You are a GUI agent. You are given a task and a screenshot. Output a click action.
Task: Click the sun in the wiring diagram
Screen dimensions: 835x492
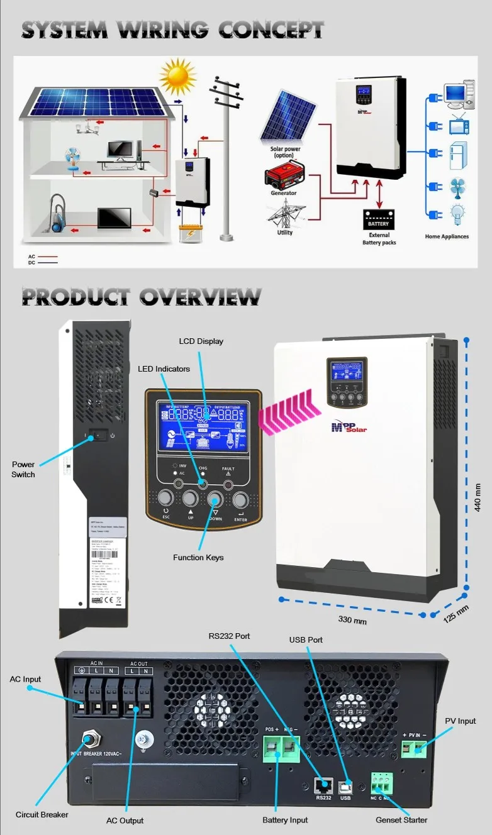178,75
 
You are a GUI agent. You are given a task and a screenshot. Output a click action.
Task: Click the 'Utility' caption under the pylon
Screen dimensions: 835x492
284,232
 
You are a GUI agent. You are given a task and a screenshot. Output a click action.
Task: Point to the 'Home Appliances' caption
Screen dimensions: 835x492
447,236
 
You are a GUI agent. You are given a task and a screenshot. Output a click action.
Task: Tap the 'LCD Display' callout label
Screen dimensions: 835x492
201,341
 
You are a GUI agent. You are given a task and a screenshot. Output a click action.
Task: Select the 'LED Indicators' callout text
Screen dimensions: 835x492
164,368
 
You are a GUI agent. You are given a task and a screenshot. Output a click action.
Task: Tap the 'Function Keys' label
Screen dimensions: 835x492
198,557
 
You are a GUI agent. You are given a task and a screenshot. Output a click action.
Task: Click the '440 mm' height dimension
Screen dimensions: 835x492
478,497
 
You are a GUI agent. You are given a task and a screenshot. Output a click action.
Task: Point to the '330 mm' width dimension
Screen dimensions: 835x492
352,621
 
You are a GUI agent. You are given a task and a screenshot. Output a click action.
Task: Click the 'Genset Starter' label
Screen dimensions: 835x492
401,820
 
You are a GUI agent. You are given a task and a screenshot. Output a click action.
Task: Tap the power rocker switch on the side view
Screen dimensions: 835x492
97,435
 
